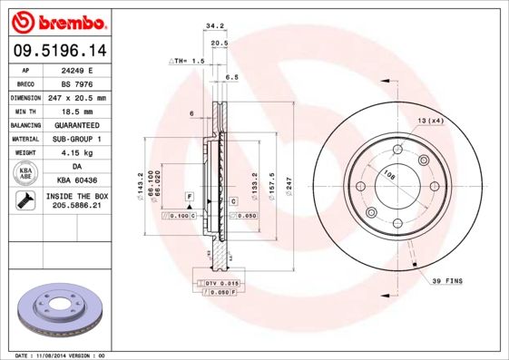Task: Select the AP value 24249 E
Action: [77, 70]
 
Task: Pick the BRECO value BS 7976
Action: [77, 83]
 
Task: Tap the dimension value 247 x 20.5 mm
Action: [77, 97]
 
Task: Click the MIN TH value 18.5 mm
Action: [77, 111]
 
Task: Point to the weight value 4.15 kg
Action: [77, 152]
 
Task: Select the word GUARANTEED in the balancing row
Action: [77, 124]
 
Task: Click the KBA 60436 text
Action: [77, 180]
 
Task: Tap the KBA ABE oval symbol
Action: [26, 173]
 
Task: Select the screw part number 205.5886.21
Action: [77, 207]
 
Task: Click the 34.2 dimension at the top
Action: [215, 27]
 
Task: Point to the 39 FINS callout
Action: [447, 282]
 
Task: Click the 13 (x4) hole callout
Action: [430, 121]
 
